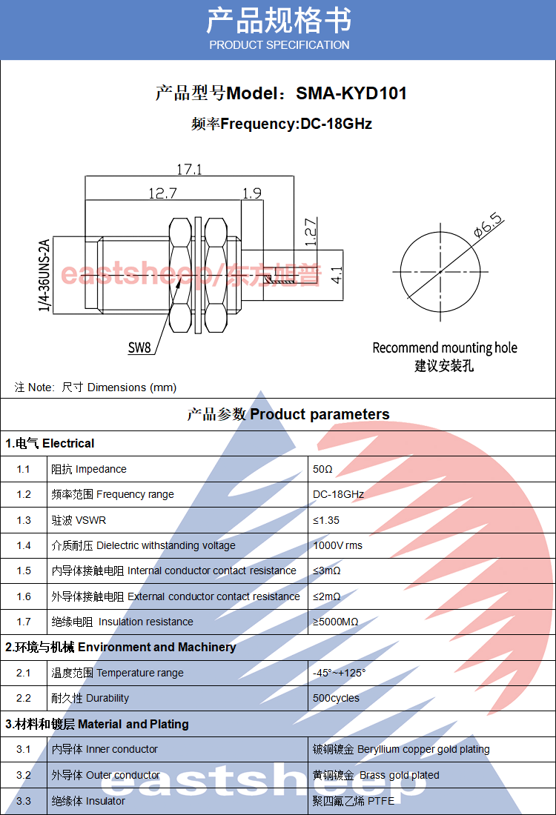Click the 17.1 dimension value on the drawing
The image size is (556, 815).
click(189, 169)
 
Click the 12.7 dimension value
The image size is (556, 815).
click(162, 193)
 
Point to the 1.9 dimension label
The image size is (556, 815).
click(252, 193)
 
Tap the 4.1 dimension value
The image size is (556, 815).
click(337, 276)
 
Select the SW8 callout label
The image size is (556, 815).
click(139, 347)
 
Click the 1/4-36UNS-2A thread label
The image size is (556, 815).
click(44, 275)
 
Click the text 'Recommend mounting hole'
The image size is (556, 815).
click(444, 347)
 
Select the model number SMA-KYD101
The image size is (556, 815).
click(351, 93)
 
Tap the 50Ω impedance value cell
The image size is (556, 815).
click(323, 469)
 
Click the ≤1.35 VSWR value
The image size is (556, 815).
click(326, 520)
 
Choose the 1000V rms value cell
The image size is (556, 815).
click(338, 545)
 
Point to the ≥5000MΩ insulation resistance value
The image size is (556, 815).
click(336, 622)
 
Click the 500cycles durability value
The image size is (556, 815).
click(336, 698)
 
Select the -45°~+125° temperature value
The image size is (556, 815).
click(340, 673)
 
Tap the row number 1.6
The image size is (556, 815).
click(24, 596)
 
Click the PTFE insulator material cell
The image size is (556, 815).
click(353, 801)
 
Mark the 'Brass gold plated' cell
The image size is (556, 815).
click(376, 775)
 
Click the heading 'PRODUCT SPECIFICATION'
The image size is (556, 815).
click(279, 45)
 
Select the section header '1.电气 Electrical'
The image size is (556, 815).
click(50, 443)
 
